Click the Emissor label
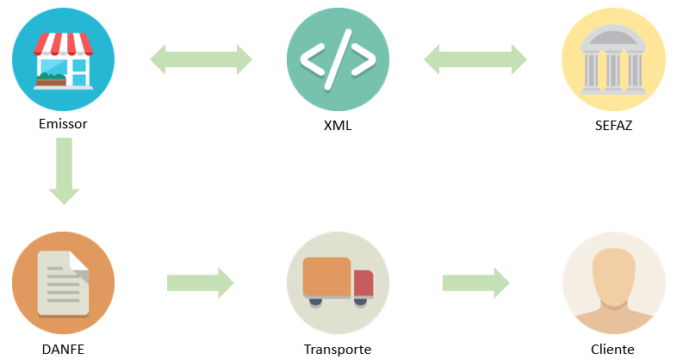(63, 124)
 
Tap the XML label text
(338, 126)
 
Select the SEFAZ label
(613, 126)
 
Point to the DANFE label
(63, 350)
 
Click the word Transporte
(338, 350)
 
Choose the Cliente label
(613, 350)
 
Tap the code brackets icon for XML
(338, 59)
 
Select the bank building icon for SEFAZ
(613, 59)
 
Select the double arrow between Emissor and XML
(201, 59)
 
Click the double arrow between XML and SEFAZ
(475, 59)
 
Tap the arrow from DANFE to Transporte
(201, 282)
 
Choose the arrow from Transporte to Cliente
(475, 282)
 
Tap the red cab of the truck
(363, 282)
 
